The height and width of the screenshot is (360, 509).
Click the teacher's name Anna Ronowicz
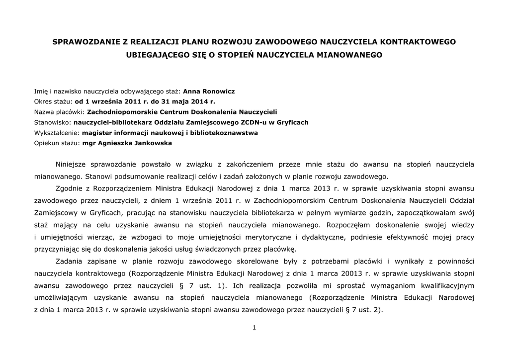209,91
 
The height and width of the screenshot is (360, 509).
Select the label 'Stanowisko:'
53,122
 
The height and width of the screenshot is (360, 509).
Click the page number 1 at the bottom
254,327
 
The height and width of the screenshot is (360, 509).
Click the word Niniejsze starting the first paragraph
75,164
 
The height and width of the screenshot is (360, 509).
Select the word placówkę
281,249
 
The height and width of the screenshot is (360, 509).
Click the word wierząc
104,237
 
